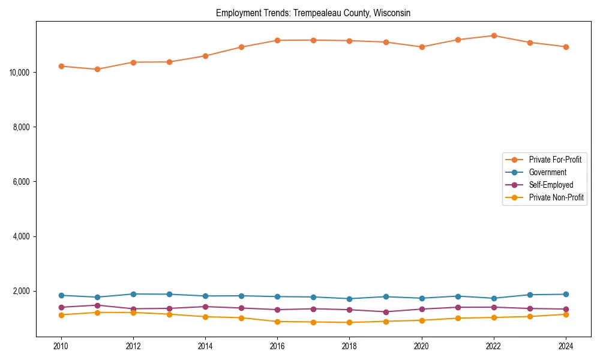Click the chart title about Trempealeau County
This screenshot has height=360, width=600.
coord(313,13)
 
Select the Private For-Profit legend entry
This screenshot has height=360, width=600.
coord(554,160)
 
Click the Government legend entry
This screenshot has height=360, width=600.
coord(547,172)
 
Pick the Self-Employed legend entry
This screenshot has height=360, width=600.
coord(551,185)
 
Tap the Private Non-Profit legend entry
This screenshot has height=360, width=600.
coord(556,197)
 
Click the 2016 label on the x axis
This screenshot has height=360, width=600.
coord(277,346)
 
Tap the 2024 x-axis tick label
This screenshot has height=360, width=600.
coord(566,346)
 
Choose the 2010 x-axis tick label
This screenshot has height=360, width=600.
coord(61,346)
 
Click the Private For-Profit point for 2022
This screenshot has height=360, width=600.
coord(494,35)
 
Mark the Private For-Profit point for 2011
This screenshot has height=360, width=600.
coord(97,69)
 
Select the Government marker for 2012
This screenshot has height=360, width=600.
coord(133,294)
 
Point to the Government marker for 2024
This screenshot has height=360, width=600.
coord(566,294)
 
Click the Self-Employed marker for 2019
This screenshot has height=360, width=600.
coord(386,312)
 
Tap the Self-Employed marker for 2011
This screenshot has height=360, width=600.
coord(97,305)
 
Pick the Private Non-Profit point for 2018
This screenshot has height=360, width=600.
coord(350,322)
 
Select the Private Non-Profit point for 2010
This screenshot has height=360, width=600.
coord(61,314)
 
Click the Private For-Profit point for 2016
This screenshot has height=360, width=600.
coord(277,40)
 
